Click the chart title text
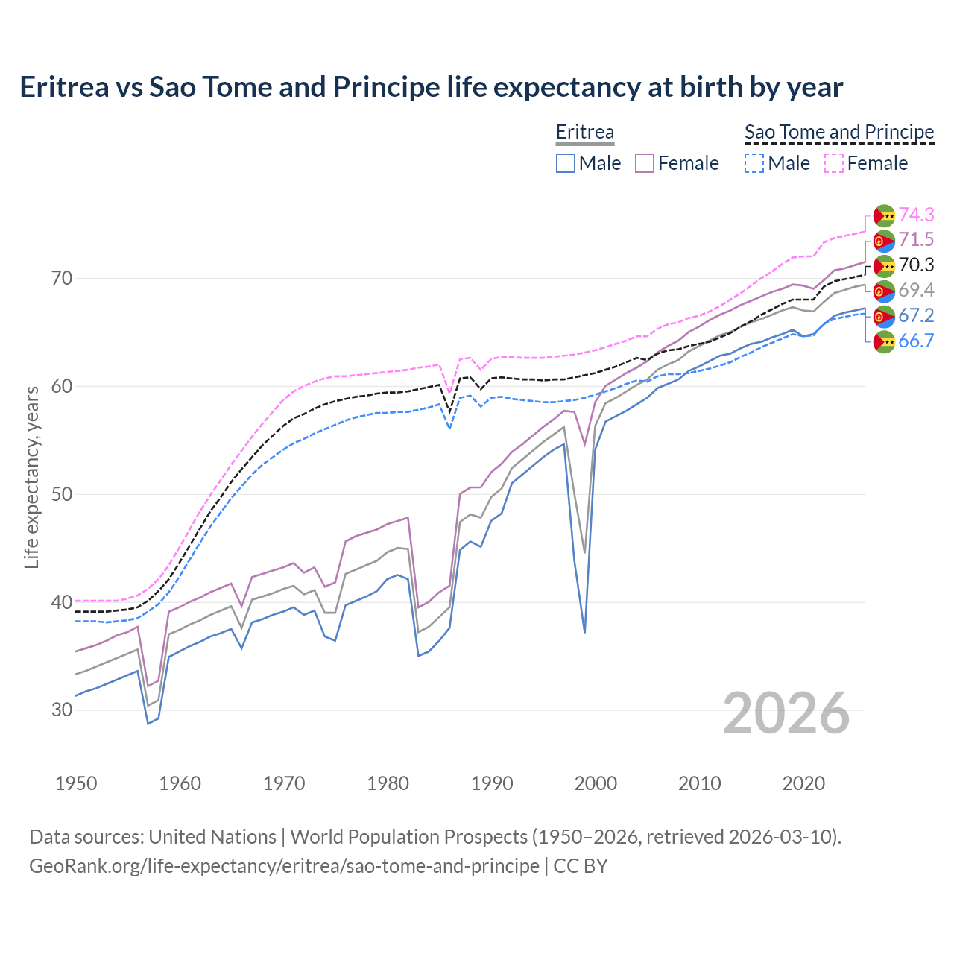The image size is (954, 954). point(431,87)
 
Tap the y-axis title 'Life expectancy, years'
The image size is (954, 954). point(31,477)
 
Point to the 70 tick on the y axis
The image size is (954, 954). point(62,279)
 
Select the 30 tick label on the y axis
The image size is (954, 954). point(62,710)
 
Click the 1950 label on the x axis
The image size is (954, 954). point(76,783)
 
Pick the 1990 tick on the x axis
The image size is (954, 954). point(492,783)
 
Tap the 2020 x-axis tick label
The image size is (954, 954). point(803,783)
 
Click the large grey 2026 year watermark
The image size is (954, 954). point(786,713)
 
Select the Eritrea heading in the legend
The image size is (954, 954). point(585,132)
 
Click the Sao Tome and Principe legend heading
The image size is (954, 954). point(839,132)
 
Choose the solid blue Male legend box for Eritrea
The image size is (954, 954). point(566,163)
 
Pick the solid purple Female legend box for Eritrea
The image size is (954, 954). point(645,163)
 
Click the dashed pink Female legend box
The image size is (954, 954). point(834,163)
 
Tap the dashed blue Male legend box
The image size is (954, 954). point(754,163)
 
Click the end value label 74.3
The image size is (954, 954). point(916,215)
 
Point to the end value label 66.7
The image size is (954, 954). point(916,341)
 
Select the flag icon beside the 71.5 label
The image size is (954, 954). point(884,240)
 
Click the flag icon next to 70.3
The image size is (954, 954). point(884,265)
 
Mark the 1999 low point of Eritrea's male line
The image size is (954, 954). point(585,632)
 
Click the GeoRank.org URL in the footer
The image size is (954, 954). point(284,866)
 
